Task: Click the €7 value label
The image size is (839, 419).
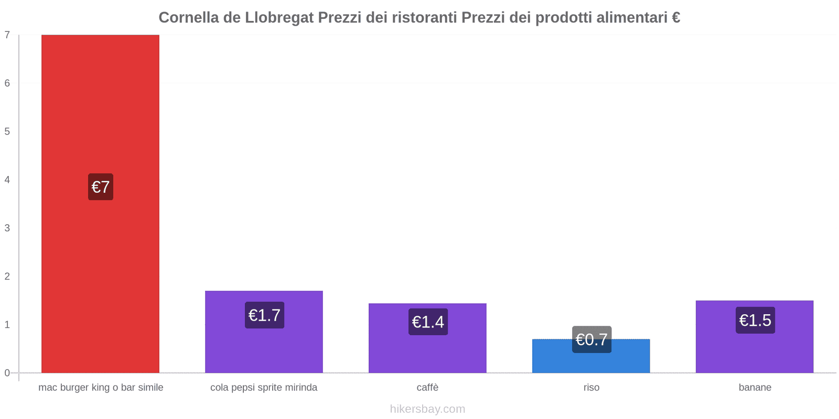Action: pyautogui.click(x=101, y=187)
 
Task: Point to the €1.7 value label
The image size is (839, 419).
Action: pyautogui.click(x=264, y=315)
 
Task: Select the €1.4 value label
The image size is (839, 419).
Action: pyautogui.click(x=428, y=322)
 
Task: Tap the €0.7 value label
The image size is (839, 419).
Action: pyautogui.click(x=591, y=339)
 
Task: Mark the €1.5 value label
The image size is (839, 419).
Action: pyautogui.click(x=755, y=320)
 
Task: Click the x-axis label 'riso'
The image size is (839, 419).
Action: pyautogui.click(x=591, y=388)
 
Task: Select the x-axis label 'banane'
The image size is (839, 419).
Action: pyautogui.click(x=755, y=388)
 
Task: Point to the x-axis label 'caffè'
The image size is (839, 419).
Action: pyautogui.click(x=427, y=388)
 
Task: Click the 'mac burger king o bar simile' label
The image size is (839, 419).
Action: pyautogui.click(x=101, y=388)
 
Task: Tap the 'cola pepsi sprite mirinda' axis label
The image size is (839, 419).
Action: pyautogui.click(x=264, y=388)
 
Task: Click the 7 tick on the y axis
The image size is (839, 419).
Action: pyautogui.click(x=7, y=35)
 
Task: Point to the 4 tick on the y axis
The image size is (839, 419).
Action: pyautogui.click(x=7, y=180)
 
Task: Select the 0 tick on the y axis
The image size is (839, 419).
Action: pyautogui.click(x=7, y=373)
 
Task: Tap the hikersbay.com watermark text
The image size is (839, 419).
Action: pyautogui.click(x=427, y=409)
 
